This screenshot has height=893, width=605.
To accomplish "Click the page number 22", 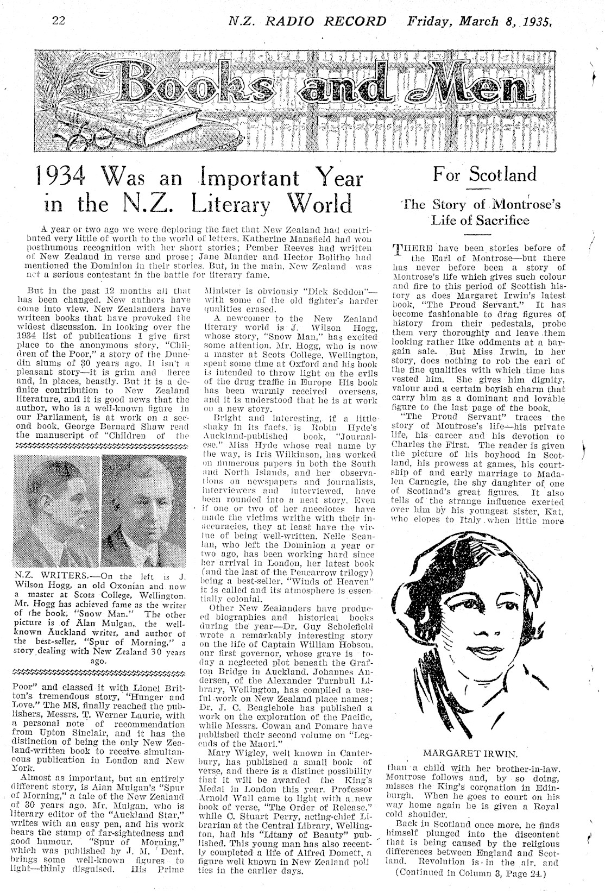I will [59, 21].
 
